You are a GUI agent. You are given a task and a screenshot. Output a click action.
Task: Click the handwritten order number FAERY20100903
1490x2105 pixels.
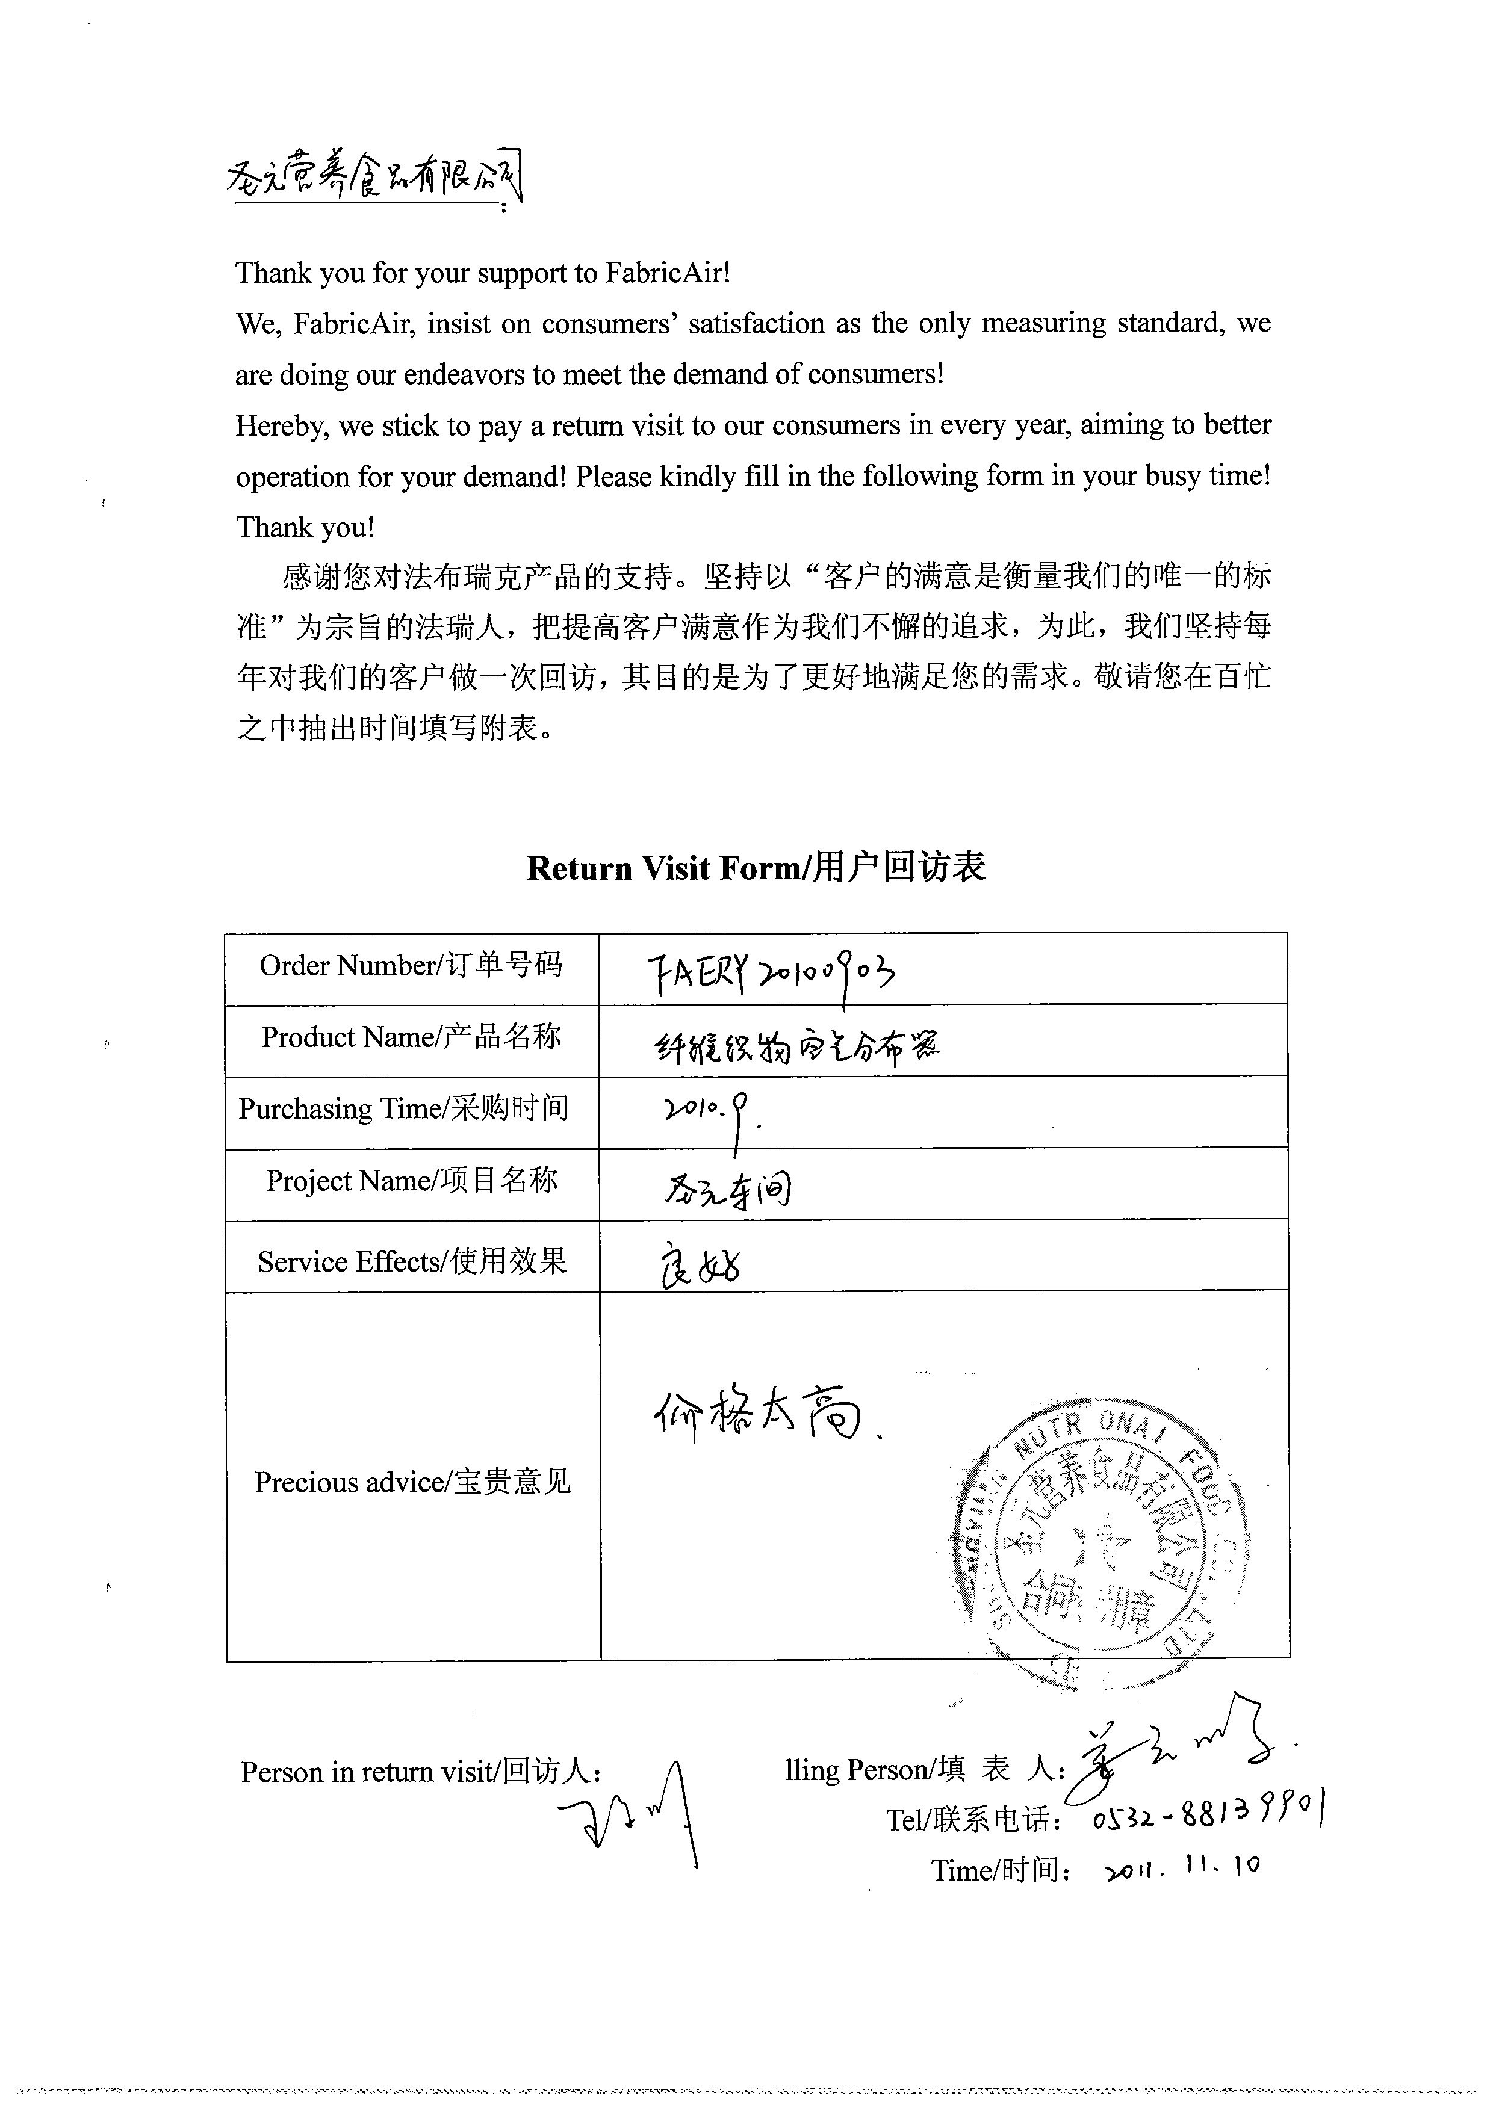click(771, 972)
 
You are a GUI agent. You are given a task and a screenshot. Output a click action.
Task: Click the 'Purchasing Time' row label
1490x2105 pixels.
click(404, 1109)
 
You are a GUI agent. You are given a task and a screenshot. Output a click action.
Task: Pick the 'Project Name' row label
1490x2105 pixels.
click(412, 1181)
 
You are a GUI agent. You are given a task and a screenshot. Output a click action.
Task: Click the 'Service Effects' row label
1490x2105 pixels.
click(412, 1262)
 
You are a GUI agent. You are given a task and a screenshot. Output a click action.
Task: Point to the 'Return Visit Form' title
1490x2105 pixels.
click(756, 868)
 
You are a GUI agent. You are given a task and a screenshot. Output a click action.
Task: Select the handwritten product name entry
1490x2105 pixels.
click(796, 1046)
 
